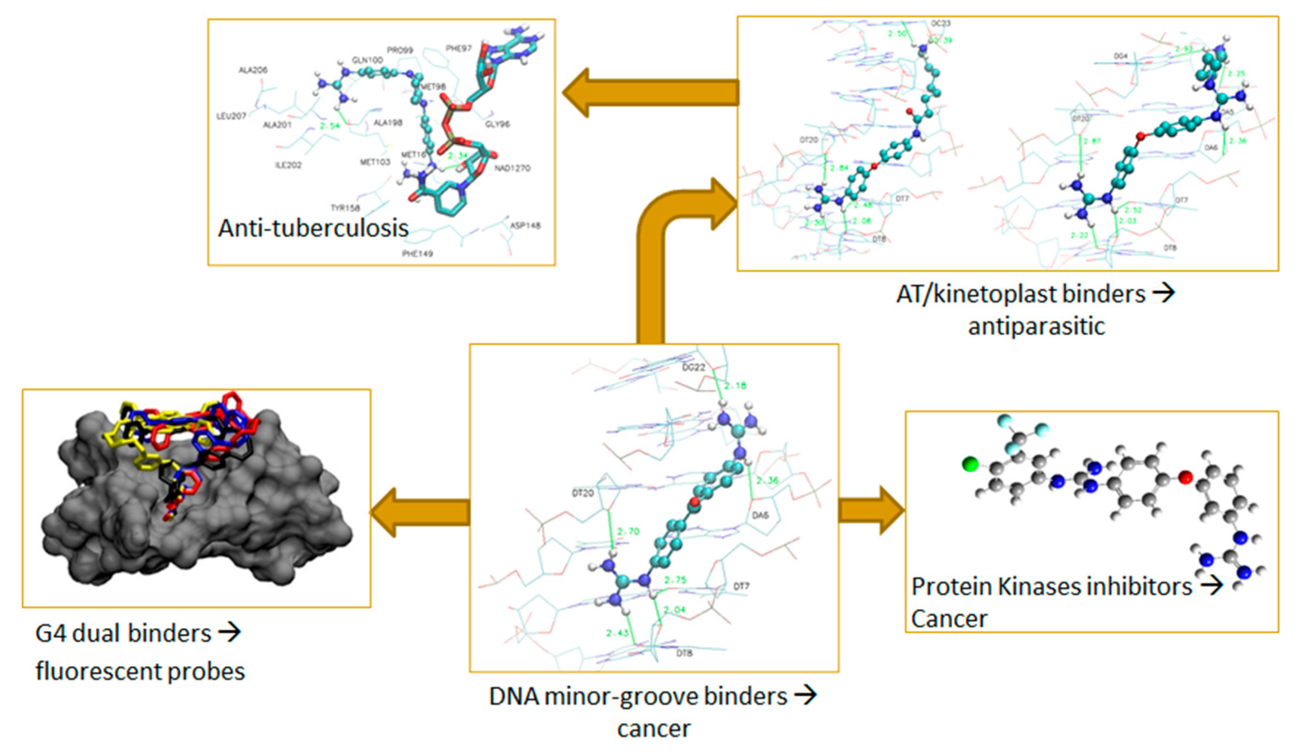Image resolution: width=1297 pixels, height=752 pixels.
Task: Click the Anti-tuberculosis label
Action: [313, 228]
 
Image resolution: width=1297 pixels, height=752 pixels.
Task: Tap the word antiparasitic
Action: [1036, 326]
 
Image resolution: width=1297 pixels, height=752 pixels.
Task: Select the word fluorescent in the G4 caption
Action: [100, 671]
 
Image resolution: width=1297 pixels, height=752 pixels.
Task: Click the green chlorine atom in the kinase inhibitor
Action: [970, 465]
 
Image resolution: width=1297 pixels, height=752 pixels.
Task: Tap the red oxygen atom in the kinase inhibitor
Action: [1185, 477]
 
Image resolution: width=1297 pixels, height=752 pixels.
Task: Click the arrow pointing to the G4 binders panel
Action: [420, 513]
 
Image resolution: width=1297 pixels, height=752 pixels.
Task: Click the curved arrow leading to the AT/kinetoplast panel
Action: [669, 247]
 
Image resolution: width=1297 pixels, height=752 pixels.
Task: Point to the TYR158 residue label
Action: [345, 208]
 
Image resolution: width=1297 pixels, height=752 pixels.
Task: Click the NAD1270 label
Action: [512, 168]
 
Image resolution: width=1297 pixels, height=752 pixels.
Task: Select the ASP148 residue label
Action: [525, 225]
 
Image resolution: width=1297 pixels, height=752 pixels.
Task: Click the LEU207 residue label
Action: [231, 116]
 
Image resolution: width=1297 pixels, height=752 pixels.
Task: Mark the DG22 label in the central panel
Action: [693, 367]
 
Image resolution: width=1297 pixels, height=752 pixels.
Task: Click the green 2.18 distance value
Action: [735, 386]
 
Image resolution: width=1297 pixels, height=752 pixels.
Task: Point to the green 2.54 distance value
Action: [329, 126]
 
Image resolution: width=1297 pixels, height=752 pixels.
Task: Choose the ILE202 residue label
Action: [288, 165]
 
